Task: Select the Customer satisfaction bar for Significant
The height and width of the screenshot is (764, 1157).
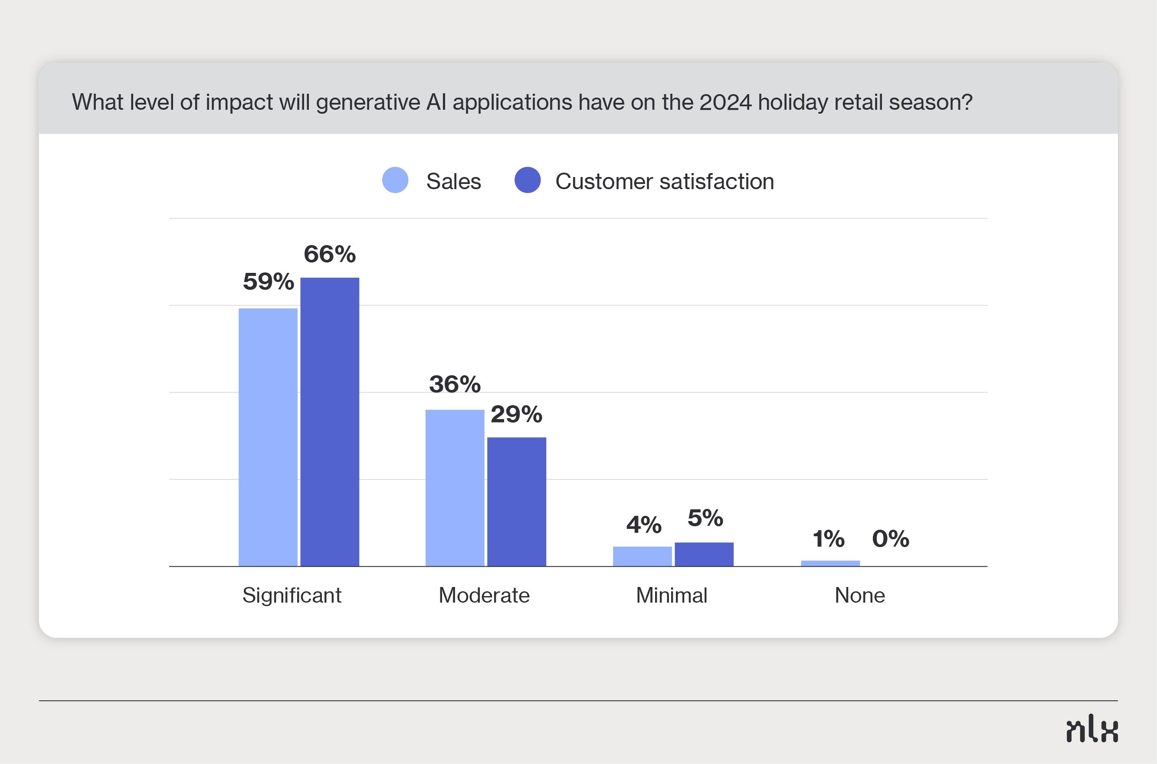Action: (x=330, y=422)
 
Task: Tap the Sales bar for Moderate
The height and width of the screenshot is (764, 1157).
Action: (x=455, y=488)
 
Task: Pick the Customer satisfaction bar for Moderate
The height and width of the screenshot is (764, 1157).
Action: (x=517, y=502)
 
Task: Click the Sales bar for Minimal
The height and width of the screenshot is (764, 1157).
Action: (x=642, y=557)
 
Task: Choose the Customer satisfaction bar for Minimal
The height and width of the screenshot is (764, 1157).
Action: (x=704, y=554)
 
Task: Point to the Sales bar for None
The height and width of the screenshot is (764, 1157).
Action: (x=830, y=563)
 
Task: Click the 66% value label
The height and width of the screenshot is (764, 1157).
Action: (x=330, y=254)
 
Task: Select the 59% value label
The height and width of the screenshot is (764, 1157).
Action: (x=269, y=281)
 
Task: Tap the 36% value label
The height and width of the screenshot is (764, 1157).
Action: (x=455, y=384)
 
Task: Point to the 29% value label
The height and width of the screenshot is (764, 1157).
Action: (x=516, y=414)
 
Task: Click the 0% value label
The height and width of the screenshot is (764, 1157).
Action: (x=891, y=538)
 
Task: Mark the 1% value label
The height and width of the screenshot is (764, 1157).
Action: (x=829, y=538)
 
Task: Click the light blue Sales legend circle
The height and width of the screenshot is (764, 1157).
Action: (x=395, y=180)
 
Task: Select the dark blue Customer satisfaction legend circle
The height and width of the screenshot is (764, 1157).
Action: (x=528, y=180)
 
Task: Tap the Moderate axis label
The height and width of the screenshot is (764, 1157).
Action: (x=484, y=595)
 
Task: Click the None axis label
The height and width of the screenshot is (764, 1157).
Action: (x=860, y=595)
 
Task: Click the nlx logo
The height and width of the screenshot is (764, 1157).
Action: (x=1092, y=729)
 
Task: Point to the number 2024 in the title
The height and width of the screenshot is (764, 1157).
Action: (x=725, y=102)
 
